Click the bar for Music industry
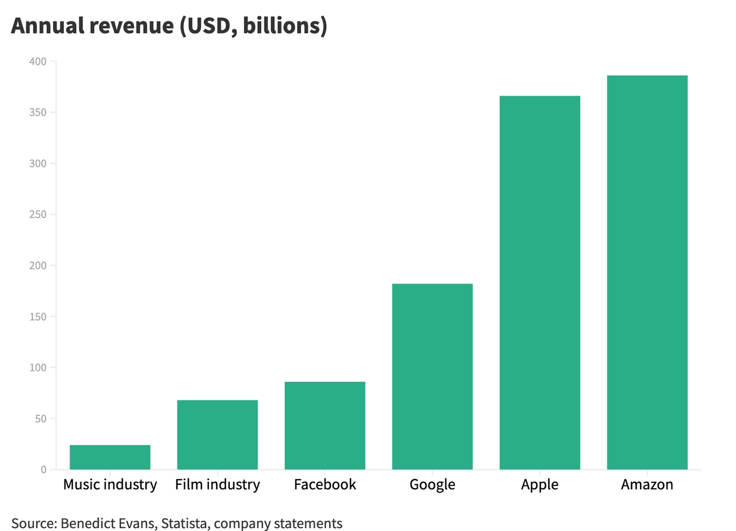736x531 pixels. (x=110, y=457)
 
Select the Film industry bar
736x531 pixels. (x=217, y=435)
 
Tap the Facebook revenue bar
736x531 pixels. (x=325, y=426)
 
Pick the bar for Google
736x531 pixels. (x=432, y=377)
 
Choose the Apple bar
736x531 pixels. (x=540, y=283)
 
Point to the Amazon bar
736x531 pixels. (x=647, y=272)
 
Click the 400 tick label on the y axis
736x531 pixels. (x=38, y=62)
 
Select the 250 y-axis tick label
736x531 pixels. (x=38, y=215)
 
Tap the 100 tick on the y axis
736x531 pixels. (x=38, y=367)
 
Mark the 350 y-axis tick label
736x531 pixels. (x=38, y=113)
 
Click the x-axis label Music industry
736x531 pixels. (x=110, y=485)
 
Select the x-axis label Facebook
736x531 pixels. (x=325, y=485)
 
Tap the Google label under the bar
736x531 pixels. (x=432, y=485)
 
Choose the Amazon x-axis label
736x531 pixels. (x=647, y=485)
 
